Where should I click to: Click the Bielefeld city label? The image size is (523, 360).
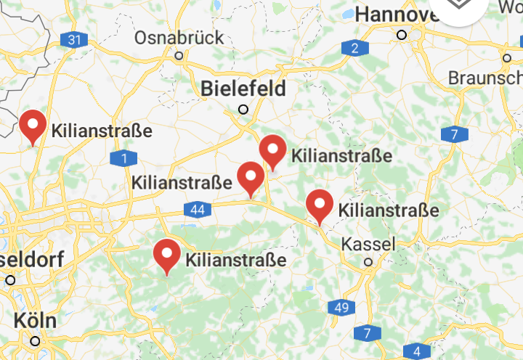[x=243, y=89]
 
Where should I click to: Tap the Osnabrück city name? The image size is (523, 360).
[x=179, y=37]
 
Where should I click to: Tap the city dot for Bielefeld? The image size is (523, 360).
[x=243, y=110]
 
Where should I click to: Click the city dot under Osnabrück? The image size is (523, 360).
[x=179, y=54]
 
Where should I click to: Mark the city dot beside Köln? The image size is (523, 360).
[x=35, y=340]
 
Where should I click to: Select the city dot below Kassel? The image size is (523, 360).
[x=369, y=262]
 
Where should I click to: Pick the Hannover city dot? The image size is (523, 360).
[x=401, y=34]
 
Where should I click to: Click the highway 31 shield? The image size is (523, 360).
[x=73, y=40]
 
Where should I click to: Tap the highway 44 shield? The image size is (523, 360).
[x=197, y=210]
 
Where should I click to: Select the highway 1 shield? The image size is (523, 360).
[x=124, y=158]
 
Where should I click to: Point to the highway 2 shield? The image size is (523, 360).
[x=354, y=49]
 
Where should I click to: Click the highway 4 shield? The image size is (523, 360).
[x=416, y=352]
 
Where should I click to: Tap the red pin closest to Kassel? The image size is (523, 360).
[x=320, y=205]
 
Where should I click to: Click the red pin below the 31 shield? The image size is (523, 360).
[x=33, y=126]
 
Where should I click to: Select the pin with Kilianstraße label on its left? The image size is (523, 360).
[x=251, y=178]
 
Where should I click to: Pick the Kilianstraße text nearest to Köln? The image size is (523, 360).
[x=236, y=260]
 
